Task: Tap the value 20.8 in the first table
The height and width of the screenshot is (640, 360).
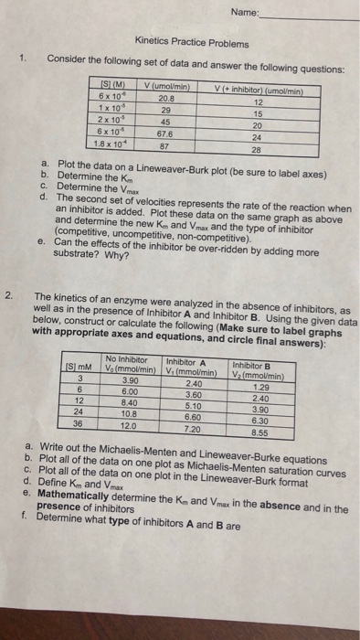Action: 166,96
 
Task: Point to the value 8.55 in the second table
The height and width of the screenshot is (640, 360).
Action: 259,432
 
